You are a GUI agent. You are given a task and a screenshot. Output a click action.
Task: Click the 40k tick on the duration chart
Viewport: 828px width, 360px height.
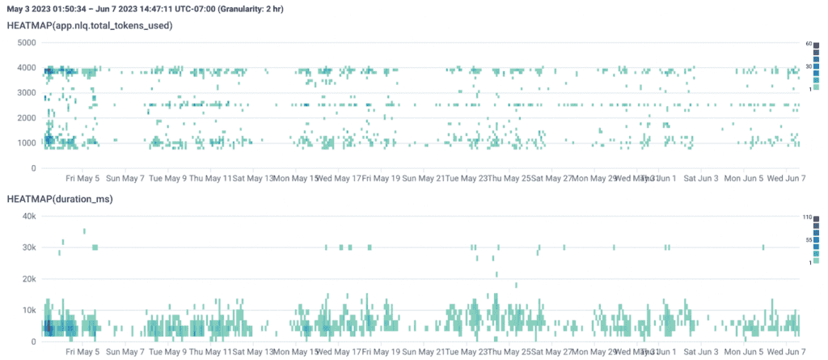pos(28,216)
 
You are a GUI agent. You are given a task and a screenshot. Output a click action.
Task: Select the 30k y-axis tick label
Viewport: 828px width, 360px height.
pos(28,248)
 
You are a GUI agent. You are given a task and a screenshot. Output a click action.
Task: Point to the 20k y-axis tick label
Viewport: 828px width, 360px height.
pos(28,279)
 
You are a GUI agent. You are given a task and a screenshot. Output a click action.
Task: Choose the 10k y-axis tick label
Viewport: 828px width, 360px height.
pos(28,311)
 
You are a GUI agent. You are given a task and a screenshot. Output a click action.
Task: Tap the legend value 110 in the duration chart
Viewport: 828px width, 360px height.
pos(817,217)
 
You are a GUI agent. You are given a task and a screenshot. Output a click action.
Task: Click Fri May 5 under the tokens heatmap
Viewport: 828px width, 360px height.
pos(83,178)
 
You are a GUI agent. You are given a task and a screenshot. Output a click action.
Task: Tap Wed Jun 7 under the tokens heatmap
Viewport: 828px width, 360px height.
pos(784,178)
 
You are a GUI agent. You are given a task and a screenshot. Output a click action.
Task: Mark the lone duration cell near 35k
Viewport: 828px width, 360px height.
pos(84,231)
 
